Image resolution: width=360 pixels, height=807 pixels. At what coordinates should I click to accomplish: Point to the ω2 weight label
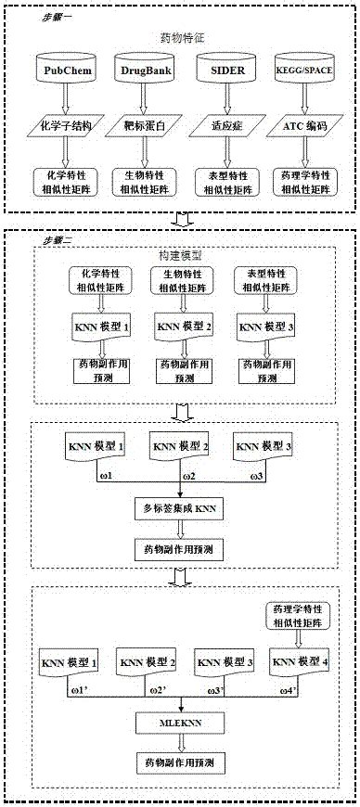188,476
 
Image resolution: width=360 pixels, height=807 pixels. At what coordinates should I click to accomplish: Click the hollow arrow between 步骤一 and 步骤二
179,220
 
